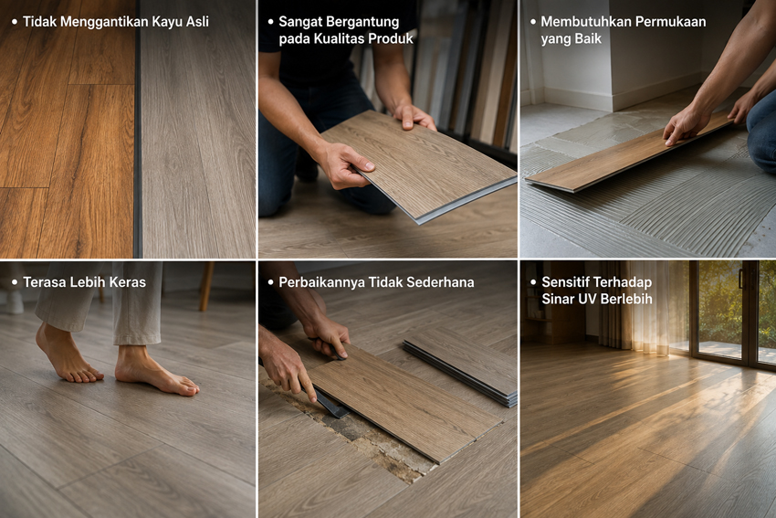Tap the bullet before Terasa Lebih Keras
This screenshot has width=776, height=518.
[15, 282]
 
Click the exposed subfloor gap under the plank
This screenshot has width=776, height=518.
[366, 436]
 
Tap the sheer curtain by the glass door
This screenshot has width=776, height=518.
[644, 307]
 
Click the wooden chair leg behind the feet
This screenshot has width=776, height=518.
[206, 286]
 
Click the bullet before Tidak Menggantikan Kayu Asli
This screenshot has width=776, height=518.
[15, 22]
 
